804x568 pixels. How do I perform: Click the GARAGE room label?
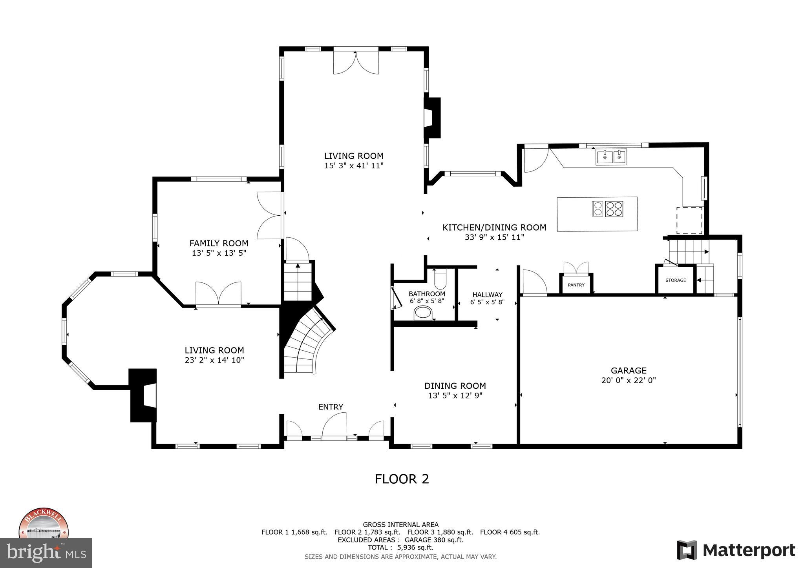[629, 370]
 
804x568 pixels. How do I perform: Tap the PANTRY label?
[576, 285]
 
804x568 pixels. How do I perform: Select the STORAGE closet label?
[676, 280]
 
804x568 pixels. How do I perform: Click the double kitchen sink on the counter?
[611, 157]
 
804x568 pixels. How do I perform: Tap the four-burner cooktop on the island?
[614, 209]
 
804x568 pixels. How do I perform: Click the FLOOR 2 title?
[402, 479]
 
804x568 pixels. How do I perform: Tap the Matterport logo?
[736, 550]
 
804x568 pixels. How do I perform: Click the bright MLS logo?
[46, 552]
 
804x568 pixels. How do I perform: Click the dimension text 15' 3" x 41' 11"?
[353, 166]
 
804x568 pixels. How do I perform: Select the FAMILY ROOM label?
[219, 243]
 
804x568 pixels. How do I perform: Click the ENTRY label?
[331, 407]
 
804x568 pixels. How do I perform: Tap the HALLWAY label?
[487, 295]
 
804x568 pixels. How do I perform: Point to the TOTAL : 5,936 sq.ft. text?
[400, 548]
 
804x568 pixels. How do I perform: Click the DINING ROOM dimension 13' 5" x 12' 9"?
[455, 396]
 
